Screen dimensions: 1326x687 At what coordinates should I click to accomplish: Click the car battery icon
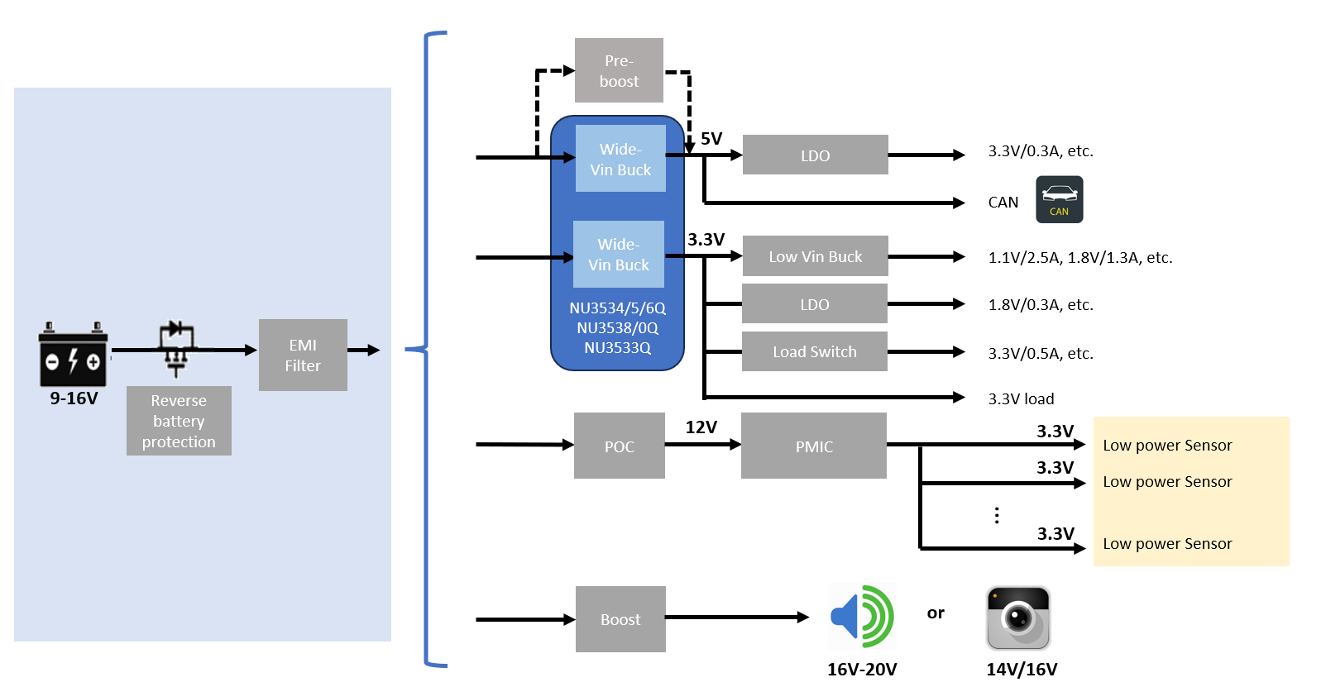point(73,355)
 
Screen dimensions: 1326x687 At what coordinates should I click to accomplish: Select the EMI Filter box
point(303,355)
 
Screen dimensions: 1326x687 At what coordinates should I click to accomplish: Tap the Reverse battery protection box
point(179,421)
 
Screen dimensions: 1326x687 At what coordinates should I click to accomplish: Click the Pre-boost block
point(620,70)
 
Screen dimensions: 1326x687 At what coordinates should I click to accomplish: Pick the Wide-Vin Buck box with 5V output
point(620,159)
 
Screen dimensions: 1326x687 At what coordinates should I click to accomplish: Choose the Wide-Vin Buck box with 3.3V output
point(619,255)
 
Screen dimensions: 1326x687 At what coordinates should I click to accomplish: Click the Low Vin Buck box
point(815,256)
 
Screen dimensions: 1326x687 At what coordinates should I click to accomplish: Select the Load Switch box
point(815,351)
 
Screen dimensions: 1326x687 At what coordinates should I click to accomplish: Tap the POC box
point(620,446)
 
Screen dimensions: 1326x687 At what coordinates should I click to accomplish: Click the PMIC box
point(814,446)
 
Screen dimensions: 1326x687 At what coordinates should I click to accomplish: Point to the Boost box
point(620,619)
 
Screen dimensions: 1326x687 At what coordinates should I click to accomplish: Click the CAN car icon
point(1060,199)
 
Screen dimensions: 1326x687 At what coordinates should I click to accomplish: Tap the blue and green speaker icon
point(863,617)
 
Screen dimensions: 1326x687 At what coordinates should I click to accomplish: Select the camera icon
point(1018,618)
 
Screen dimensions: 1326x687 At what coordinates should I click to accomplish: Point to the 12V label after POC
point(701,427)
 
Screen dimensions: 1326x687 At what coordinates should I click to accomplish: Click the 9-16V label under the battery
point(74,398)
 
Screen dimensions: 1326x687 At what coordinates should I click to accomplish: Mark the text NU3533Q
point(617,348)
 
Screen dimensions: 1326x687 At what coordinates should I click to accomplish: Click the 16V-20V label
point(862,670)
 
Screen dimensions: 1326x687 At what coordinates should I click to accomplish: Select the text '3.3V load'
point(1021,398)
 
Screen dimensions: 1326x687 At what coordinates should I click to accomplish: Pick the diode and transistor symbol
point(176,349)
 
